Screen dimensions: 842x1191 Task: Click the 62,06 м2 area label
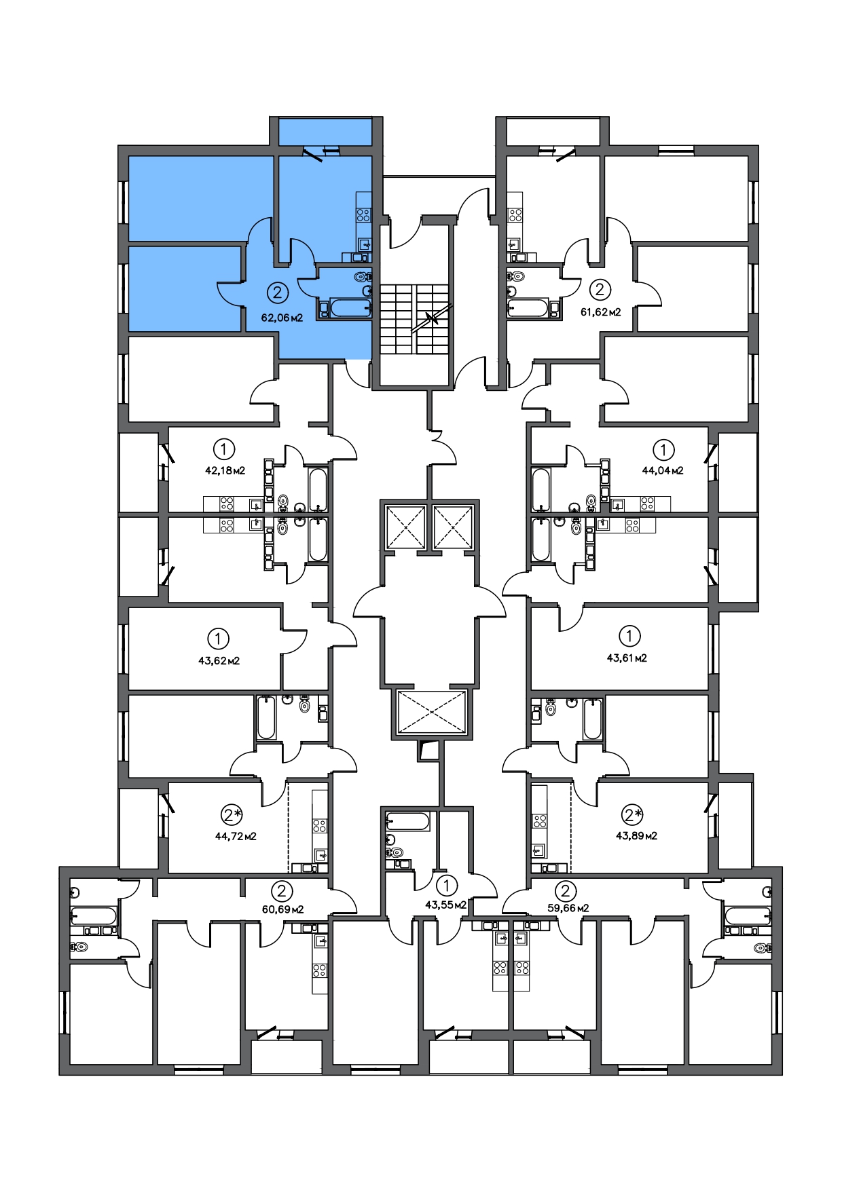(282, 317)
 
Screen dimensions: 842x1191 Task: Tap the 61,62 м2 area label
(601, 313)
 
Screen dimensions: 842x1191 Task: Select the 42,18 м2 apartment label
(225, 470)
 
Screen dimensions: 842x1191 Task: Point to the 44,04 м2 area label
(663, 470)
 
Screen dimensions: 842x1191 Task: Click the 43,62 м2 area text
(219, 660)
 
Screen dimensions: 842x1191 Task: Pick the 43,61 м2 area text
(627, 658)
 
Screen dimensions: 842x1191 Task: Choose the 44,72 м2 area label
(236, 836)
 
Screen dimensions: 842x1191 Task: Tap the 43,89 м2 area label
(636, 835)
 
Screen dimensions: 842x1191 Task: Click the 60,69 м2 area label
(282, 909)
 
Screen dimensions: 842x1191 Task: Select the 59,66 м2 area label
(568, 908)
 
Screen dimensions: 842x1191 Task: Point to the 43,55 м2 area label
(445, 905)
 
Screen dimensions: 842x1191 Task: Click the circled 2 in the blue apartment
(277, 293)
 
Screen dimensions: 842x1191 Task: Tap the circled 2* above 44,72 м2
(232, 814)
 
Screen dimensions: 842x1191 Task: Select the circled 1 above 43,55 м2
(446, 885)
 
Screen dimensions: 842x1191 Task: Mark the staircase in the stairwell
(414, 318)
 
